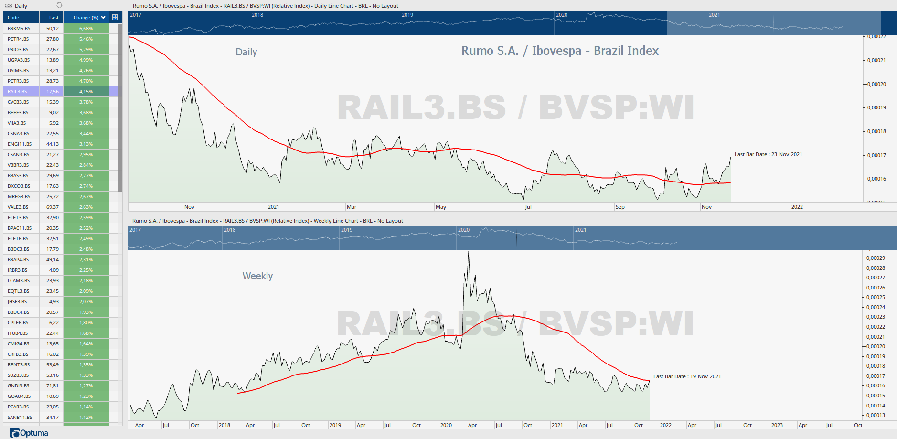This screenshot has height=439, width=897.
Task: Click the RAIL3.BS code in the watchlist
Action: (17, 91)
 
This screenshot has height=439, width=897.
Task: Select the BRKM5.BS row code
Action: (19, 28)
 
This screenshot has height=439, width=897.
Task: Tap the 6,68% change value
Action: (86, 28)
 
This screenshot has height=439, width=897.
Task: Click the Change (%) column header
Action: (86, 18)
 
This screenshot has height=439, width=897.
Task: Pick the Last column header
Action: (53, 18)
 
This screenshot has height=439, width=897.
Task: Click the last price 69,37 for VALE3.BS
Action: (53, 207)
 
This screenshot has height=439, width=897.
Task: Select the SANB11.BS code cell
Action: (20, 417)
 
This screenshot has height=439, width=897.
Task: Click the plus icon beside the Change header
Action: (115, 17)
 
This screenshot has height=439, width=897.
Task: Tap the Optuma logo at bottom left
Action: (29, 433)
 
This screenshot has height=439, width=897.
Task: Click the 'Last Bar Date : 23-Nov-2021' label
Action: (768, 154)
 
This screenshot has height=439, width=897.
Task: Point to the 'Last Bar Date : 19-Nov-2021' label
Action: (687, 376)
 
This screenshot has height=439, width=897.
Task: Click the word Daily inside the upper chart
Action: (246, 52)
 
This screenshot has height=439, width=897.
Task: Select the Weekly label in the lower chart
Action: (257, 276)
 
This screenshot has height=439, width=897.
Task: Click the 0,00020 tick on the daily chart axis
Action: (876, 84)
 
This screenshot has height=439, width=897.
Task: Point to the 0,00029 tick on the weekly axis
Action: (876, 258)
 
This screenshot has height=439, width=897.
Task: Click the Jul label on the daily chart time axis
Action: (528, 207)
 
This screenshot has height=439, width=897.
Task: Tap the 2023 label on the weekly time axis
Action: (777, 425)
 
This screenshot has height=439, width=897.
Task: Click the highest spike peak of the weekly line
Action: (469, 252)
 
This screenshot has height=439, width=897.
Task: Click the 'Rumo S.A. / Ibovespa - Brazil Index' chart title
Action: (560, 51)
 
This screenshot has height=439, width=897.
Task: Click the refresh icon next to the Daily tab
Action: (59, 5)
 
